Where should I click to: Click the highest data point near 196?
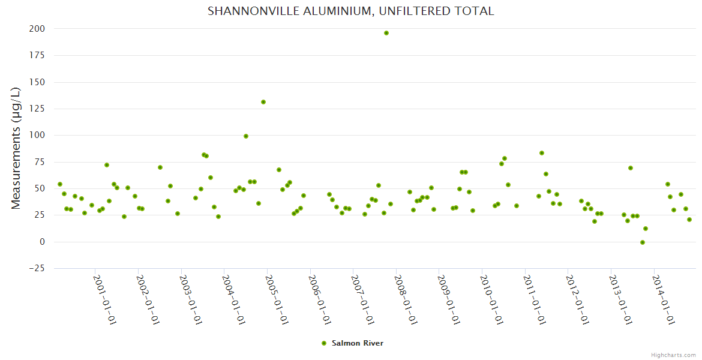click(386, 33)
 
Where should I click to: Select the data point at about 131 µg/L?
click(263, 102)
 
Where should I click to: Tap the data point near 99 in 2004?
click(246, 136)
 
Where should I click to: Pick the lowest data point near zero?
click(643, 242)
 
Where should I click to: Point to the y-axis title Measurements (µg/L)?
click(16, 148)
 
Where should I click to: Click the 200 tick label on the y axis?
click(37, 29)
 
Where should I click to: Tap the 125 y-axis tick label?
click(37, 109)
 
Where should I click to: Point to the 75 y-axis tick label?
click(40, 162)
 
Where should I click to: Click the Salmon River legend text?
click(357, 343)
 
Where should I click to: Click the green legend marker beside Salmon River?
click(324, 343)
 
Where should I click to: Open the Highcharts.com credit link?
click(673, 355)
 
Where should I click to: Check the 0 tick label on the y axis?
click(43, 242)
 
